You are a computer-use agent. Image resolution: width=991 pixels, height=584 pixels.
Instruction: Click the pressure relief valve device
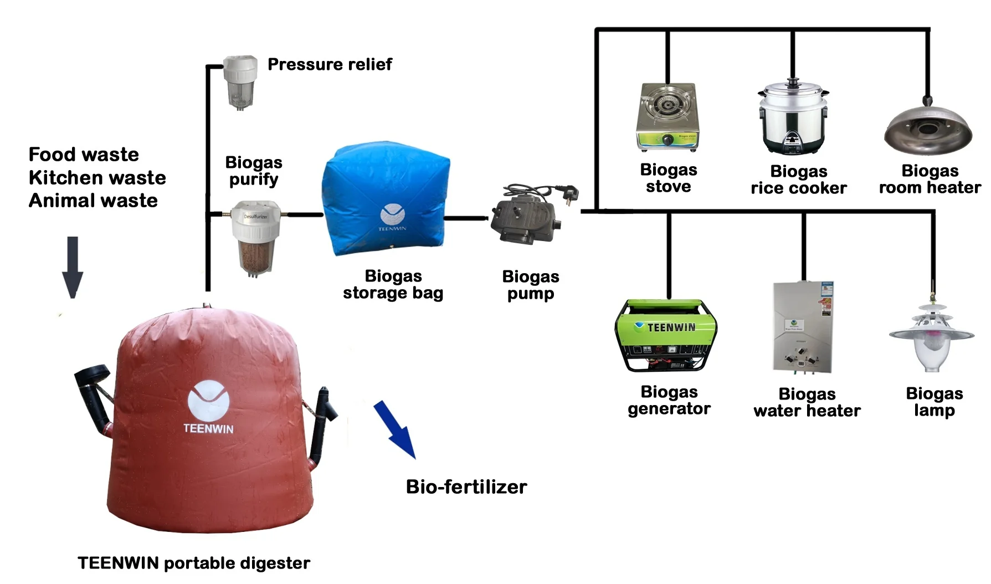[x=240, y=82]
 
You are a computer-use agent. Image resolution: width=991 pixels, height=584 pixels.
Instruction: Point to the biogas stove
[x=667, y=117]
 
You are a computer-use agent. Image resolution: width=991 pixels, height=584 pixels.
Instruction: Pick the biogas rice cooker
[x=793, y=118]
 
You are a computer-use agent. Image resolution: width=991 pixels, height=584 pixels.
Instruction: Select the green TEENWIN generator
[x=666, y=336]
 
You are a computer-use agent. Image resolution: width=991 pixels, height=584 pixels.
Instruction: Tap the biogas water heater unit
[x=803, y=327]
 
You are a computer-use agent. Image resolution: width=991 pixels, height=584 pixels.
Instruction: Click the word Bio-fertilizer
[x=466, y=486]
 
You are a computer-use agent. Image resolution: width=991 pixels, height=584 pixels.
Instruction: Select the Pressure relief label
[x=330, y=64]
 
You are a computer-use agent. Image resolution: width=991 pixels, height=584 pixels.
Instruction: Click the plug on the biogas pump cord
[x=570, y=194]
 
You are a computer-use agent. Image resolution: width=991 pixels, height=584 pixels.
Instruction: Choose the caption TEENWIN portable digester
[x=194, y=563]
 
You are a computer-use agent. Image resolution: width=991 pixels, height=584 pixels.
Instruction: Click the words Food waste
[x=84, y=154]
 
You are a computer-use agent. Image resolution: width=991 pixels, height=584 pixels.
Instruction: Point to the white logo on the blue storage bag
[x=393, y=214]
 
